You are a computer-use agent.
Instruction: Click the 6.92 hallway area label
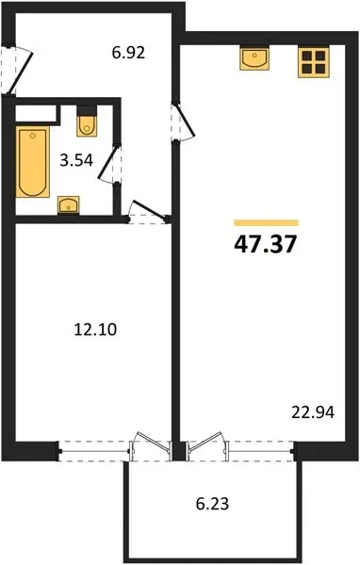pos(128,53)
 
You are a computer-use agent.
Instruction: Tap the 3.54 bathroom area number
pos(76,160)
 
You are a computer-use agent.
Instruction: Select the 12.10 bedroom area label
pos(95,330)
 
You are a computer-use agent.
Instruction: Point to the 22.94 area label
pos(313,412)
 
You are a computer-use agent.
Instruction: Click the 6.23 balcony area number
pos(212,504)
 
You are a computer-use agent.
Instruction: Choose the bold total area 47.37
pos(266,244)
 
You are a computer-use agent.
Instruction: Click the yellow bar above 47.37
pos(266,222)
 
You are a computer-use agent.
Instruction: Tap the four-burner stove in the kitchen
pos(314,61)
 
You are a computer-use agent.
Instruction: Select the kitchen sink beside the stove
pos(254,57)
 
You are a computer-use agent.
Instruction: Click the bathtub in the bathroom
pos(32,161)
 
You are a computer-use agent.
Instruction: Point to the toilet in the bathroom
pos(87,121)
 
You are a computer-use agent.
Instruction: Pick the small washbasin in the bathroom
pos(69,205)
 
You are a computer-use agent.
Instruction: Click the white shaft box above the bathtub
pos(36,113)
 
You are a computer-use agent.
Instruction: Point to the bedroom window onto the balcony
pos(94,451)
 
